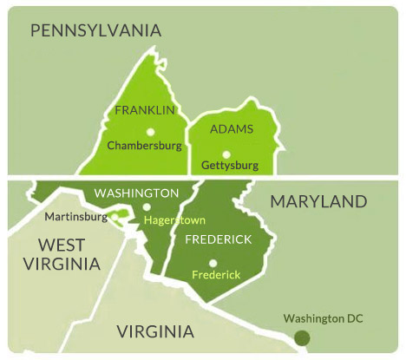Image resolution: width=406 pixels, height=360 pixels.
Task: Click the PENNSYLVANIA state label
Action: point(95,31)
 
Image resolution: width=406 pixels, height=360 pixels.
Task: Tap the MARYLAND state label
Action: point(318,202)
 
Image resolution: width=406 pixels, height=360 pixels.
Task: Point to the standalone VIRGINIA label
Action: point(155,331)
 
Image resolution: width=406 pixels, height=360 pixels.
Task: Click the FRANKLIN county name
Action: point(145,111)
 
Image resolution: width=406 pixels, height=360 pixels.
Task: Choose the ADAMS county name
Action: point(232,129)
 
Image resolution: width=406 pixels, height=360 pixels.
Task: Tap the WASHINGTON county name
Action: point(137,193)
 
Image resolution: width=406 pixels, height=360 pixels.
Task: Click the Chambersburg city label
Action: point(144,146)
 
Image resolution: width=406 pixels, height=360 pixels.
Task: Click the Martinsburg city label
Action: point(70,216)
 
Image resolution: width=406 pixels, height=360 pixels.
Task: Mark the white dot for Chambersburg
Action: point(150,132)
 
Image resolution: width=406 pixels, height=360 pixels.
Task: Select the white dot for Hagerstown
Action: point(146,207)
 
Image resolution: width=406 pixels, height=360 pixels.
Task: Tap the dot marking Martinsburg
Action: point(117,217)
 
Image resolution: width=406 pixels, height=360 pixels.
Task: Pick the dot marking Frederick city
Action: point(213,263)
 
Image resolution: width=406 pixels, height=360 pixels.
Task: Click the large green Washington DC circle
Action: point(301,337)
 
